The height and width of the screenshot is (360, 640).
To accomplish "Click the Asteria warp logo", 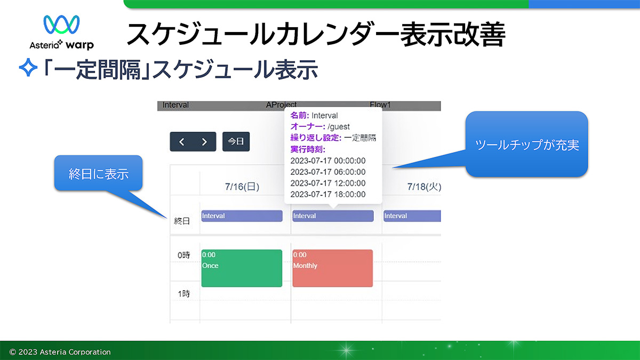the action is click(61, 32).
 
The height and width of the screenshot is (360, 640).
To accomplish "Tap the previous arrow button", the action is click(182, 142).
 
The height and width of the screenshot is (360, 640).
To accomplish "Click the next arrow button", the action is click(204, 142).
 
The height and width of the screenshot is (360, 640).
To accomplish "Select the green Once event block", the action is click(242, 268).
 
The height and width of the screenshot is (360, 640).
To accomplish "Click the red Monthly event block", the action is click(333, 268).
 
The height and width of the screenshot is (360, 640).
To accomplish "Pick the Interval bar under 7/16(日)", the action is click(242, 216).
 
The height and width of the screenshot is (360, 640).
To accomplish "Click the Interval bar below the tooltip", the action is click(333, 216).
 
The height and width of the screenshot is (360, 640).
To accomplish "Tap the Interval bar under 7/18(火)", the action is click(412, 216).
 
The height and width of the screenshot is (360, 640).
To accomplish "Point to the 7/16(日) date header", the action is click(242, 187).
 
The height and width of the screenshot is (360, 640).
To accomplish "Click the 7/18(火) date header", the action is click(424, 187).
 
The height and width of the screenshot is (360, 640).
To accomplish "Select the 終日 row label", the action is click(182, 221).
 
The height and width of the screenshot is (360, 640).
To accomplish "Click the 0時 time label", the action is click(183, 255).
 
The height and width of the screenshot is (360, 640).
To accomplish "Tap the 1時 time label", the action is click(183, 293).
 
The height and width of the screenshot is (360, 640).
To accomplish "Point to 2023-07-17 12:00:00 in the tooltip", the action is click(327, 183).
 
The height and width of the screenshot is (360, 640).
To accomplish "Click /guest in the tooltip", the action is click(339, 126).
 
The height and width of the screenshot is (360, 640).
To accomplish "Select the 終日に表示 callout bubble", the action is click(98, 173).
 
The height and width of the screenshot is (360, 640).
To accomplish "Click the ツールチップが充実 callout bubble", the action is click(526, 145).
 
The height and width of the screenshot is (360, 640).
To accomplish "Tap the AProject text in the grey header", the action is click(281, 105).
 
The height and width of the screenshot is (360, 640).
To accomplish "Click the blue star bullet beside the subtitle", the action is click(28, 67).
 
